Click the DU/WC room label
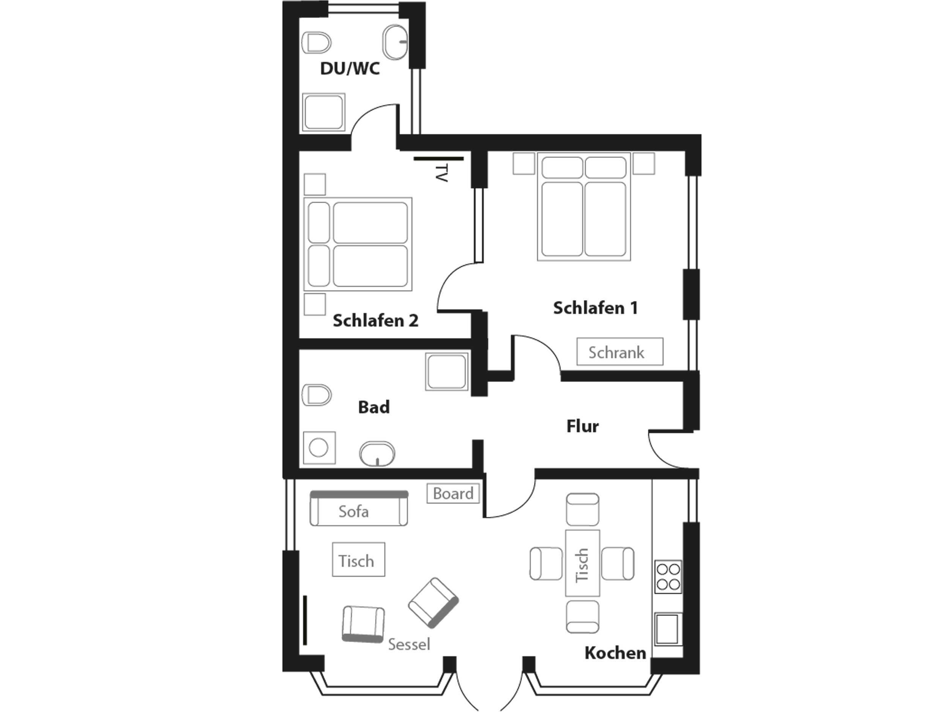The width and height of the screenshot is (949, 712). point(350,69)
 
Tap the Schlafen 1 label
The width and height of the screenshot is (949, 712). point(595,308)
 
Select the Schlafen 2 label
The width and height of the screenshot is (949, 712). point(375,321)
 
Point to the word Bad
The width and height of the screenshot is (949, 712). point(374,407)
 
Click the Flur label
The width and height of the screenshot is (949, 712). point(582,426)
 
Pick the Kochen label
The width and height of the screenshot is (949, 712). point(615,653)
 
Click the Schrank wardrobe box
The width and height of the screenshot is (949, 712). point(620,352)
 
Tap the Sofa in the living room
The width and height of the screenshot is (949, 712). point(359,508)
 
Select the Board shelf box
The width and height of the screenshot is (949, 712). point(452,493)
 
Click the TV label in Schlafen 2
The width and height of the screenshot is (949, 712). point(441,173)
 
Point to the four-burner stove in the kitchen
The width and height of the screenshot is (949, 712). point(668,577)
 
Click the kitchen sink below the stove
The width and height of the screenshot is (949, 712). point(668,629)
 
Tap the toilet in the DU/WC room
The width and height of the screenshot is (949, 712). point(317,43)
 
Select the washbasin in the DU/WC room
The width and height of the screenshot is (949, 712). point(395,42)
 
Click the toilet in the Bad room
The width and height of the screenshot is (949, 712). point(317,395)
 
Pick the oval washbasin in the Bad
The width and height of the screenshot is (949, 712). point(377,454)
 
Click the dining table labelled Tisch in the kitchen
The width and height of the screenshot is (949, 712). point(582,563)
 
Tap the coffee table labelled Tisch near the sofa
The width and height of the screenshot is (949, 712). point(358,560)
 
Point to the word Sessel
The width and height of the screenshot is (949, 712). point(409,644)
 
